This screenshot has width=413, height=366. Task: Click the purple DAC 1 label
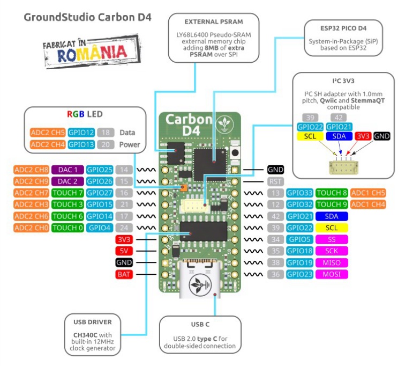point(67,170)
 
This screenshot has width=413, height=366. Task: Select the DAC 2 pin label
point(67,181)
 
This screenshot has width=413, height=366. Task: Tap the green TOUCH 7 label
point(67,193)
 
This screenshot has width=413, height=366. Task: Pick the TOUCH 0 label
point(67,228)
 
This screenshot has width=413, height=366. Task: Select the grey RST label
point(275,181)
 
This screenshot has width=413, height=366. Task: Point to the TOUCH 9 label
point(332,204)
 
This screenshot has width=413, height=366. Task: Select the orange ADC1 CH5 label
point(368,193)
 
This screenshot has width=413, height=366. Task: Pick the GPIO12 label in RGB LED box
point(81,132)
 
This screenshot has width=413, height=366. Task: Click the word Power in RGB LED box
point(130,144)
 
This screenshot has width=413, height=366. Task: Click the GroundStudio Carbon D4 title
point(87,17)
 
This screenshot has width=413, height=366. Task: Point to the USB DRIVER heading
point(93,322)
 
